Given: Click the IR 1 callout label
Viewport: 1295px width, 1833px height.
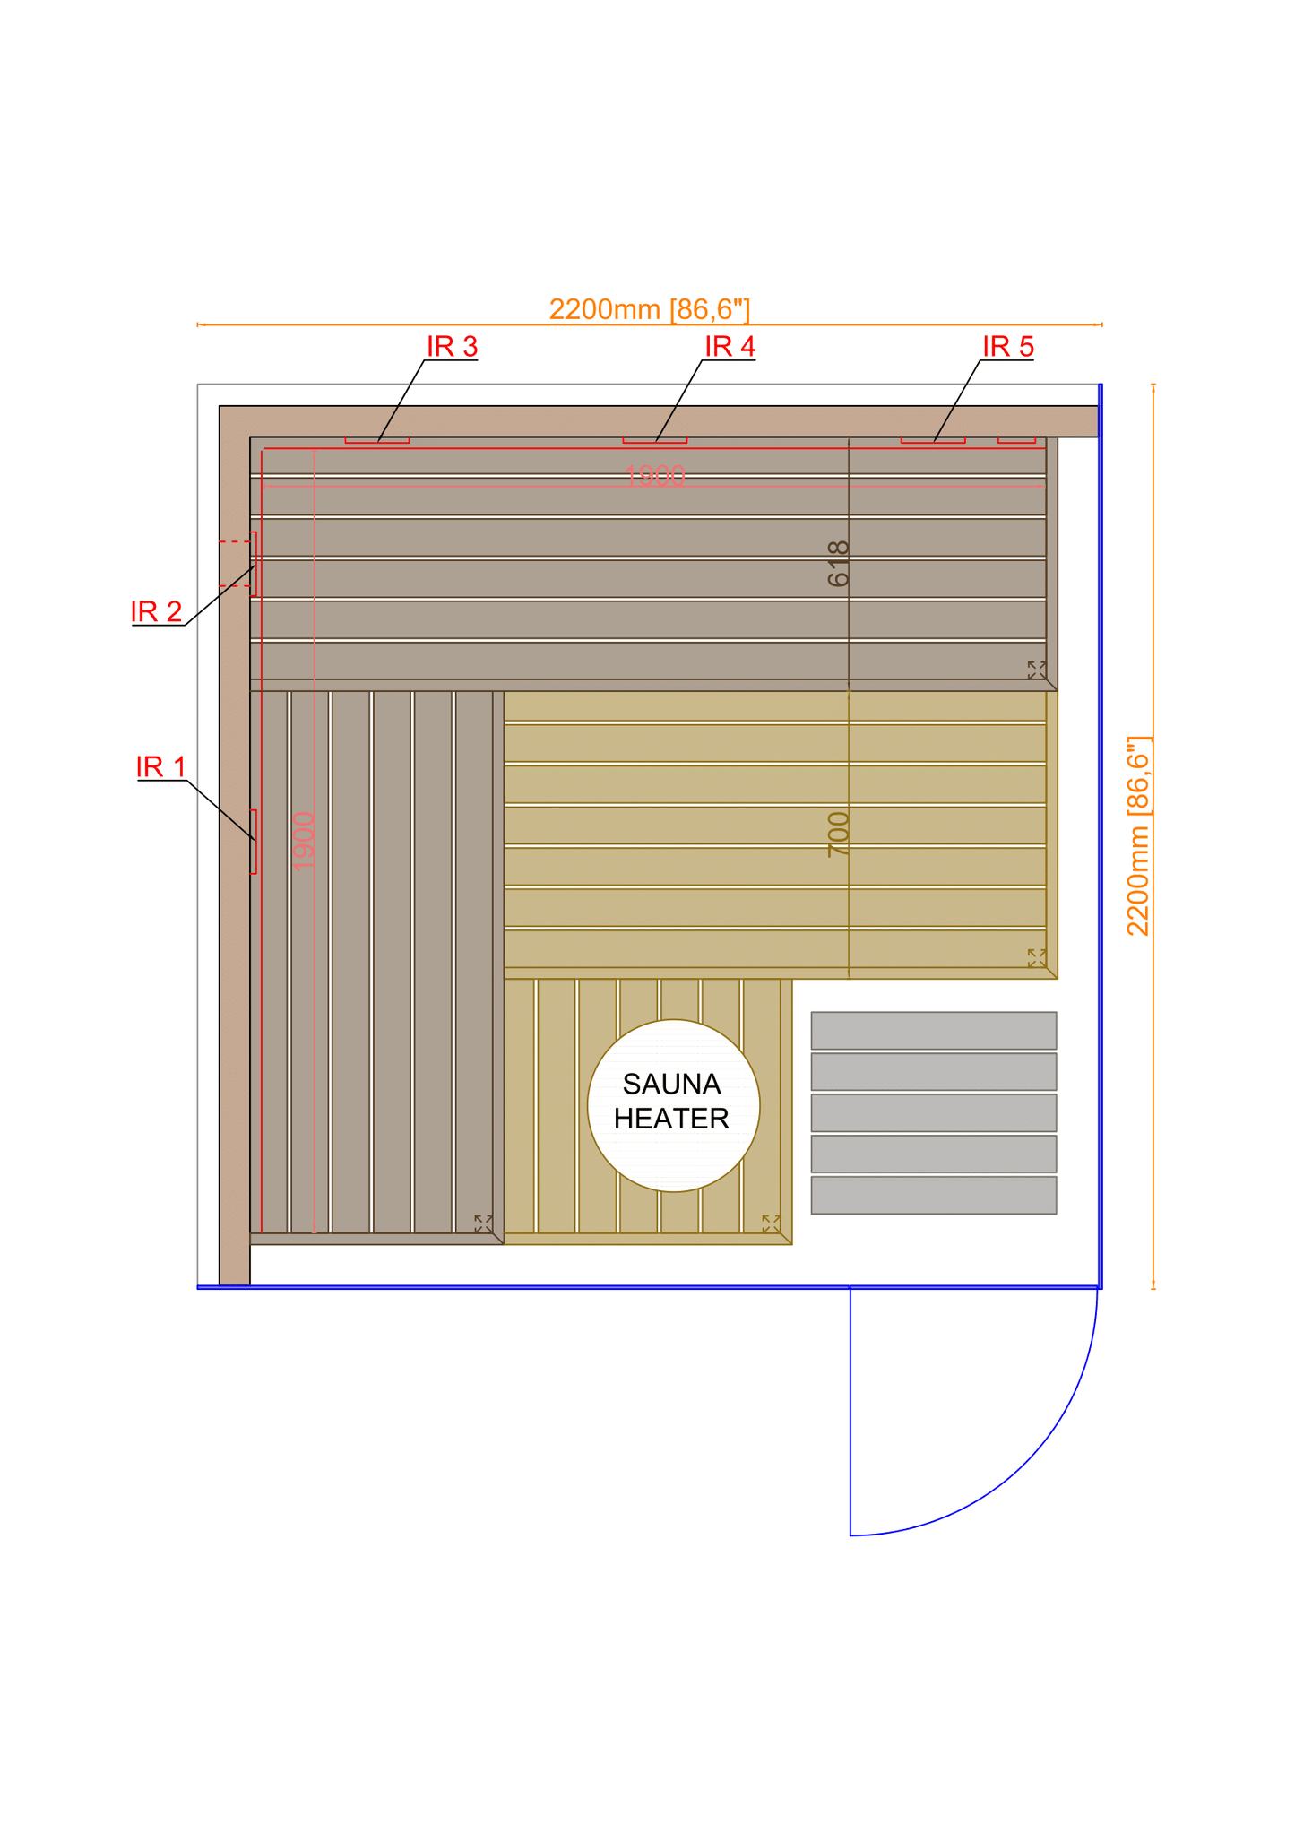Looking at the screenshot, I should coord(161,767).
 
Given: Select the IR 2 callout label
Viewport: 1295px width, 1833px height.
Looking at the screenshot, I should coord(157,611).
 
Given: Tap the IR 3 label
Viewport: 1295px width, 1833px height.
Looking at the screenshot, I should coord(452,346).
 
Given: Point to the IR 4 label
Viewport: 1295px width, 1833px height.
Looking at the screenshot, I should coord(730,346).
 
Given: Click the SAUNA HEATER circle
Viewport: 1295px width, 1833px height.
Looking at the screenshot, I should coord(673,1105).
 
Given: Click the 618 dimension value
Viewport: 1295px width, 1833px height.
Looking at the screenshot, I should coord(838,564).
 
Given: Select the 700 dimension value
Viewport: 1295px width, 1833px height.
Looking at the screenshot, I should coord(838,834).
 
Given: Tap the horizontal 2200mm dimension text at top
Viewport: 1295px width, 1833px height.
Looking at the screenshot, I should coord(649,309).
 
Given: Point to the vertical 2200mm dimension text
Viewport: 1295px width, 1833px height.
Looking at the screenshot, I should coord(1137,836).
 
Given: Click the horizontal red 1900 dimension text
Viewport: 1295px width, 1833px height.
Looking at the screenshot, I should coord(655,476).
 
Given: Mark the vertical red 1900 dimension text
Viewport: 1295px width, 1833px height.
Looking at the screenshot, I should coord(304,841).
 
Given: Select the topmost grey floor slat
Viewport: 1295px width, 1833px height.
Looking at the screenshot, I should coord(933,1030).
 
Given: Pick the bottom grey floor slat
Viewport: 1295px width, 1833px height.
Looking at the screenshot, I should coord(933,1195).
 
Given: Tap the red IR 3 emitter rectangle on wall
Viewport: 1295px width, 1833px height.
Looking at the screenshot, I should coord(377,440).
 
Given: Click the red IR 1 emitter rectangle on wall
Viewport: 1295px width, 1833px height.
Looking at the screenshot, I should coord(254,841).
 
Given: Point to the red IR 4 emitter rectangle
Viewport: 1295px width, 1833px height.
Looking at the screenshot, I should coord(655,440).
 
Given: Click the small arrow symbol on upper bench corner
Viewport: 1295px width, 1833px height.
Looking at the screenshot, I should coord(1036,670).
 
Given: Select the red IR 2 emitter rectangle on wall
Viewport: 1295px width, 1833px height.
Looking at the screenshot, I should coord(254,564).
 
